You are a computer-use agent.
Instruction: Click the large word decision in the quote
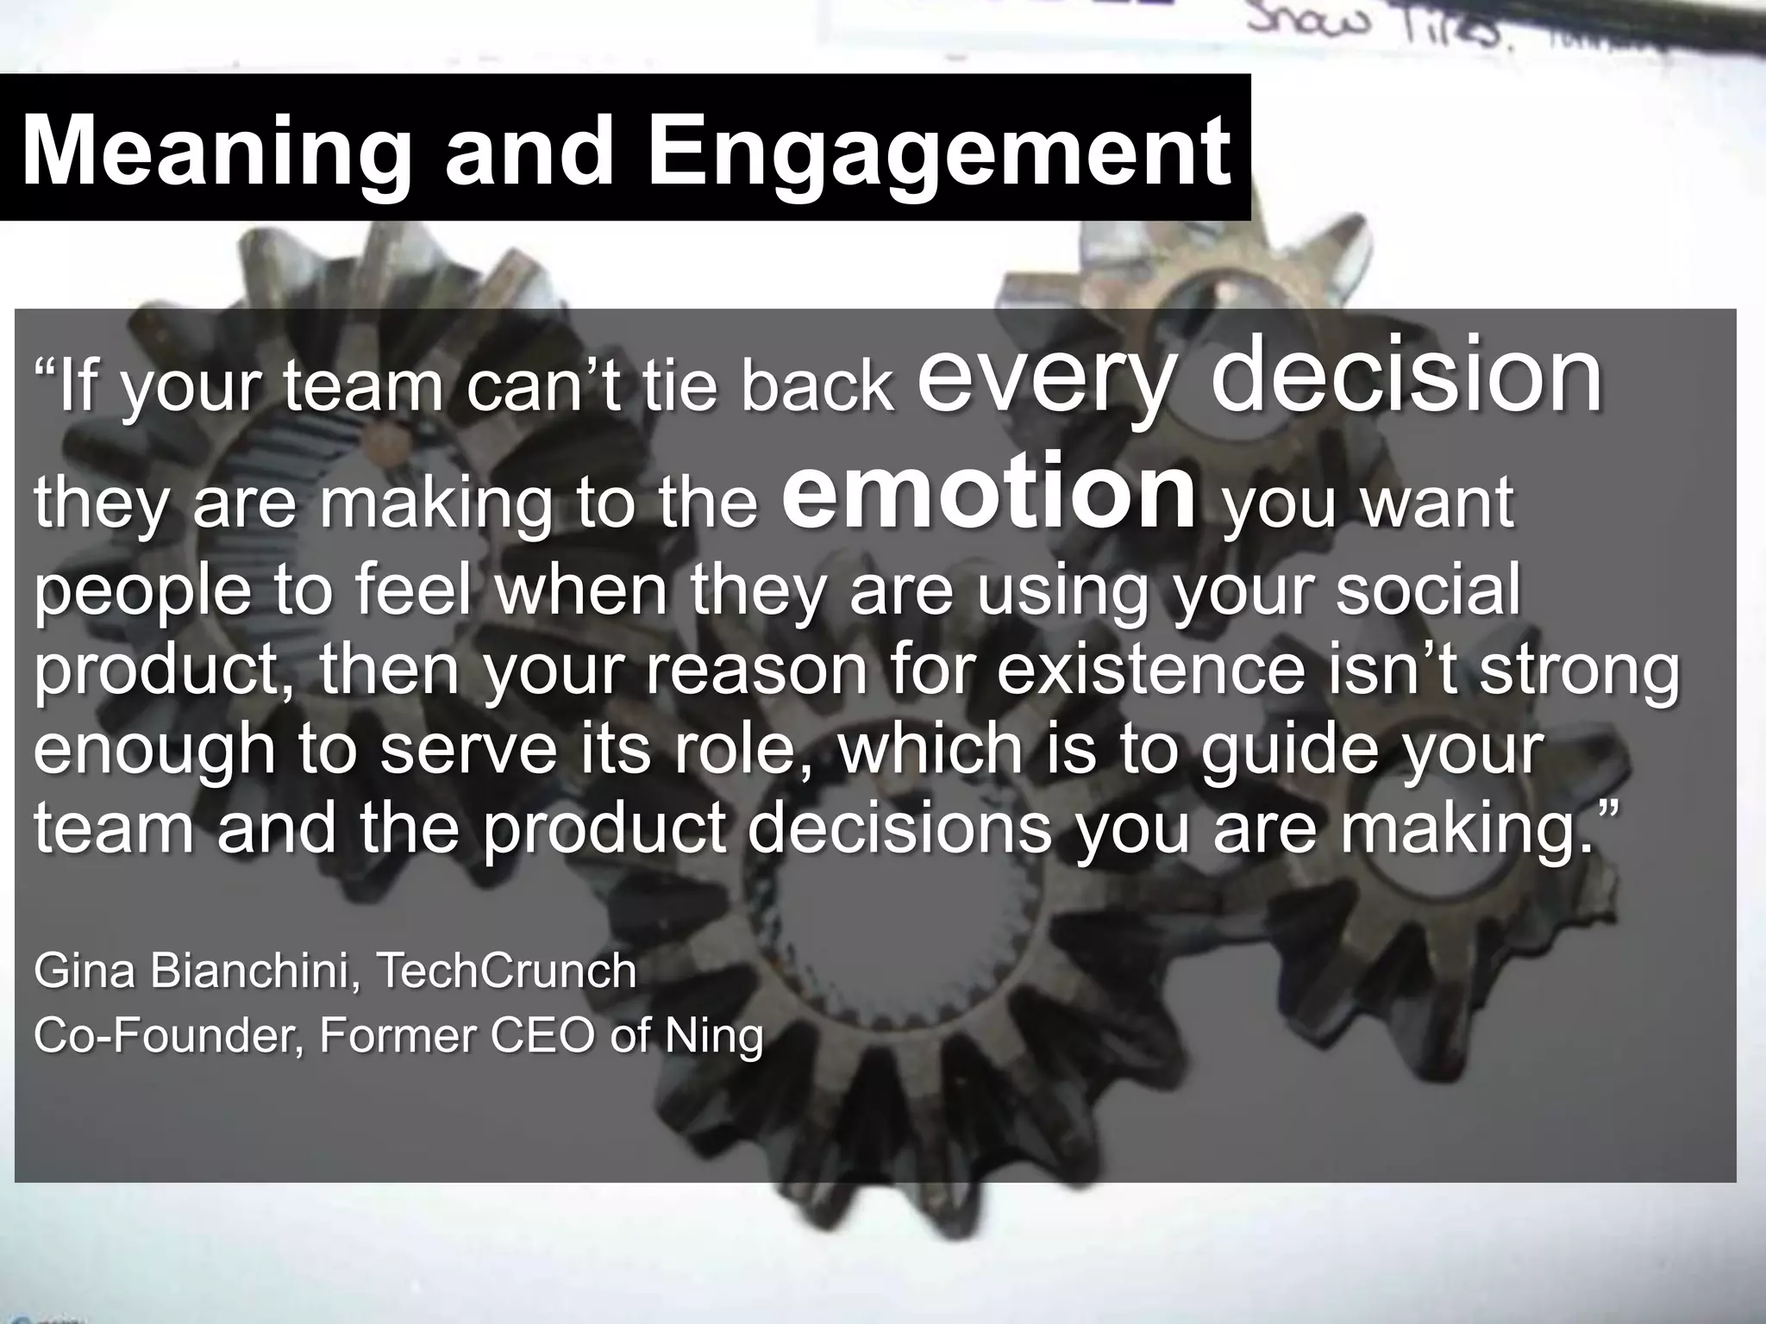point(1406,376)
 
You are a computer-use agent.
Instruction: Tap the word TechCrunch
point(506,971)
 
